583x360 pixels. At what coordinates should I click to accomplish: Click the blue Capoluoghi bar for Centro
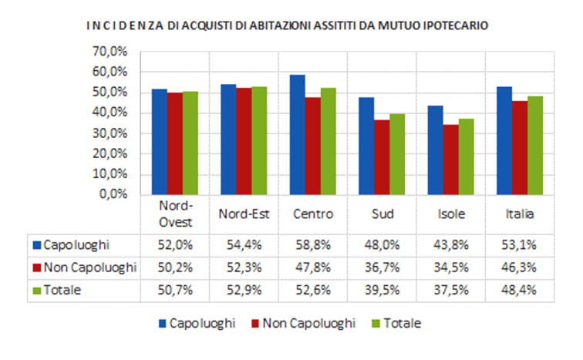[298, 135]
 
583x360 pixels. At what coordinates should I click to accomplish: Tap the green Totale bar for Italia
[535, 145]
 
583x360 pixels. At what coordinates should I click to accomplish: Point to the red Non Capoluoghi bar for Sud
[382, 157]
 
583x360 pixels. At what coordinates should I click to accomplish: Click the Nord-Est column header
[243, 214]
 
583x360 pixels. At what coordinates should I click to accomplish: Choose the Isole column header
[450, 214]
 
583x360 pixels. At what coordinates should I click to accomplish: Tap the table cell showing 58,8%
[312, 245]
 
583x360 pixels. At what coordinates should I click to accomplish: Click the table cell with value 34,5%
[450, 267]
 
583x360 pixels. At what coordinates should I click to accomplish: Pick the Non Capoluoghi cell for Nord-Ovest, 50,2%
[175, 267]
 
